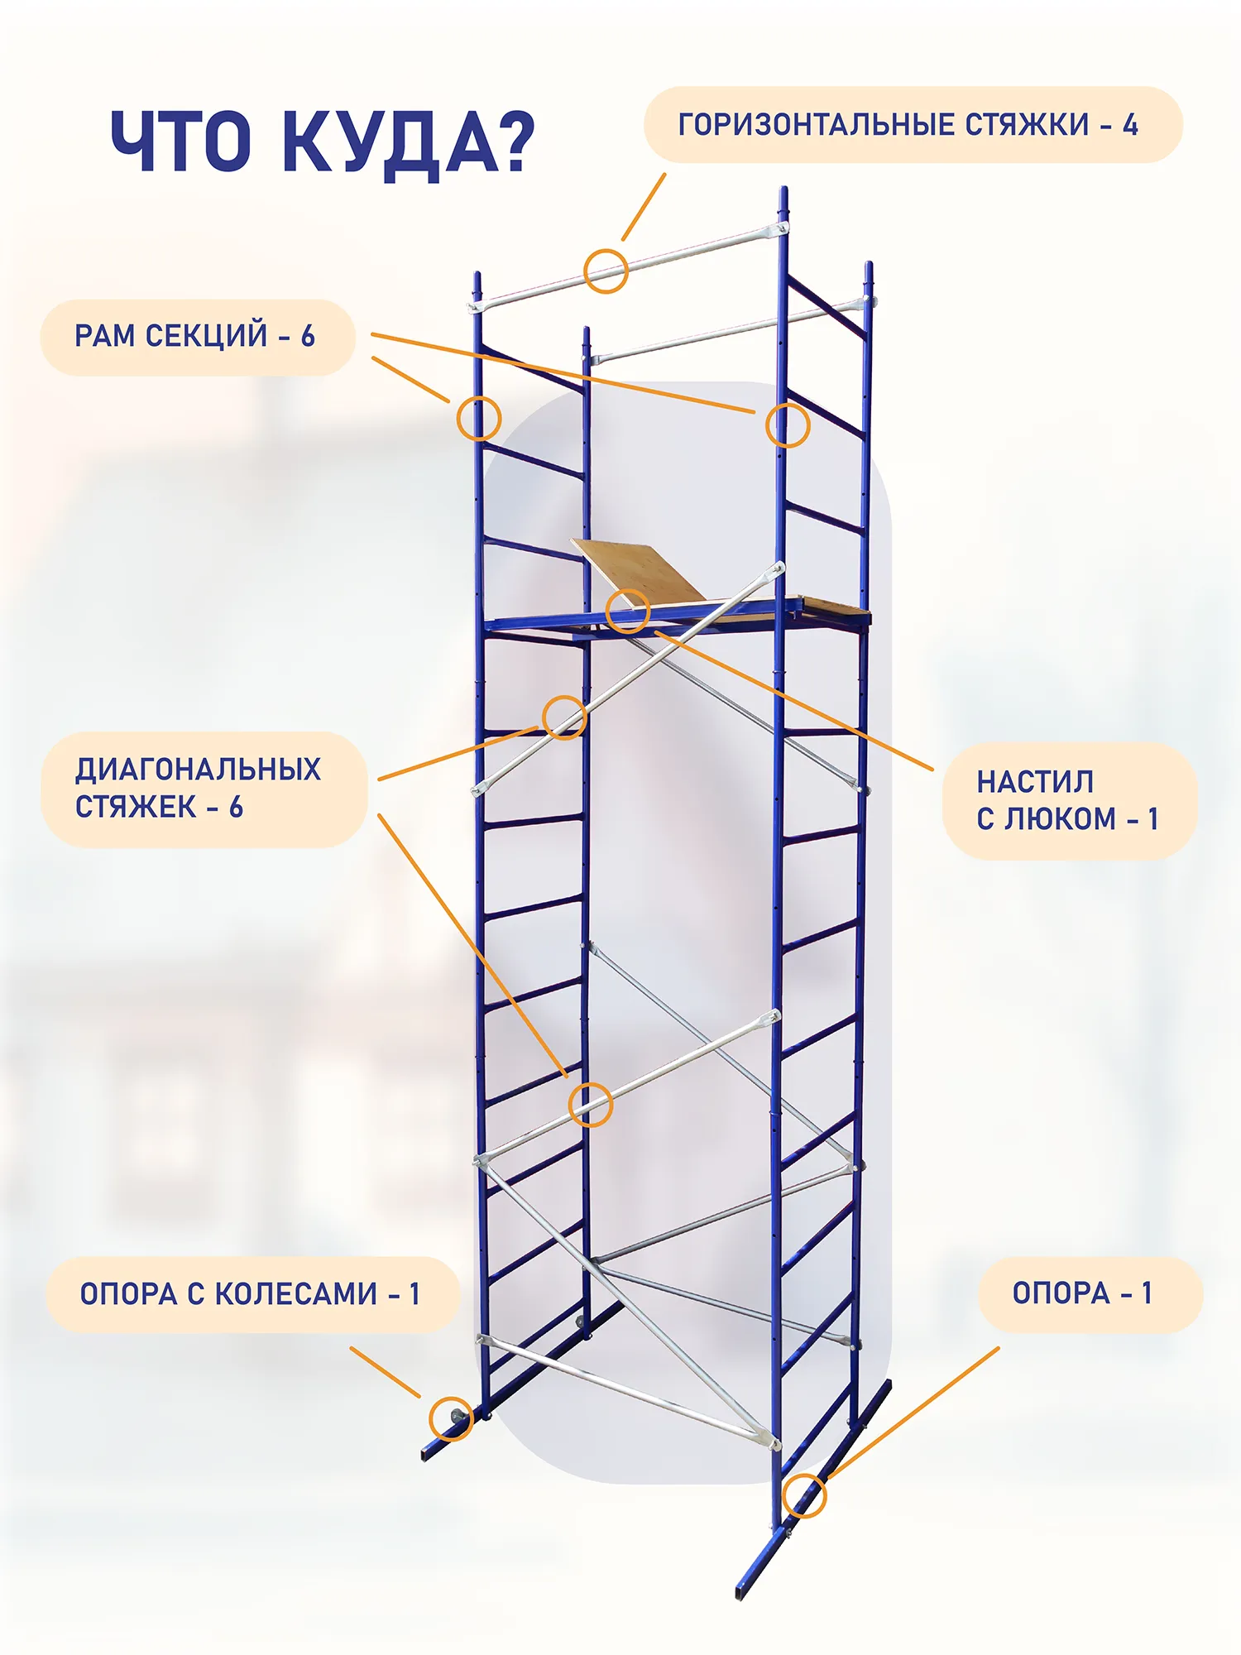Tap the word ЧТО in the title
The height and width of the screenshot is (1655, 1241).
[x=181, y=142]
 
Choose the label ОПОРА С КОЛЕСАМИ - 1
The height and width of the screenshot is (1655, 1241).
[x=252, y=1294]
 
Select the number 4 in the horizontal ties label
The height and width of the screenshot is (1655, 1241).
[x=1130, y=125]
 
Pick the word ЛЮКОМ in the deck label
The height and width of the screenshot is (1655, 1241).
[x=1061, y=819]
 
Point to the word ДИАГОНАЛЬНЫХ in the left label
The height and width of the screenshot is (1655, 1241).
[x=198, y=770]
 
